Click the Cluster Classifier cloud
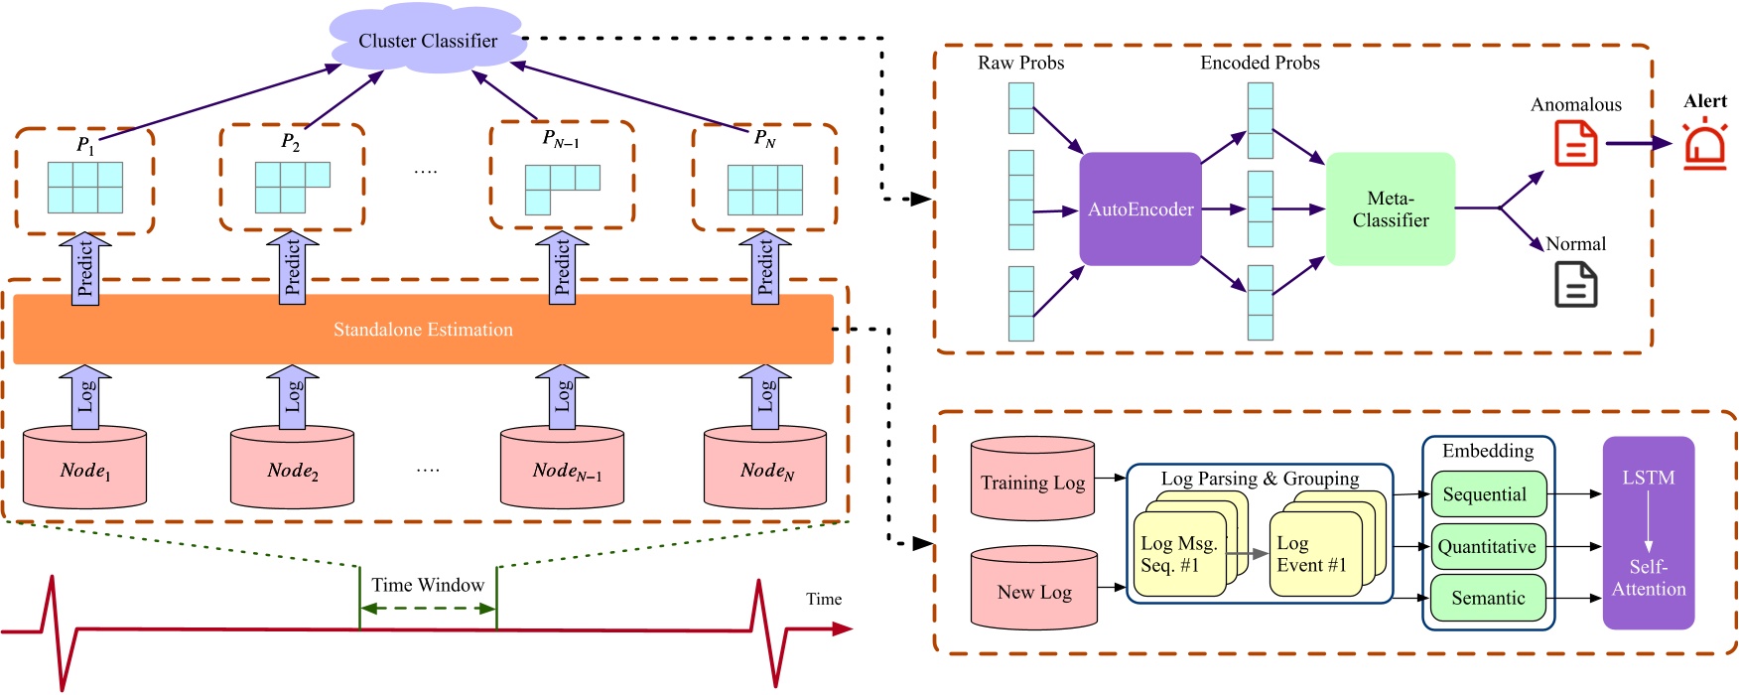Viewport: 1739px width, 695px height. [427, 41]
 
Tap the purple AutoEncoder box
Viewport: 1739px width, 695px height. [1140, 208]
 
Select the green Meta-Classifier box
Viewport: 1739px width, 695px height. [1390, 208]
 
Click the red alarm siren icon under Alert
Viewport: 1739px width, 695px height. [1705, 145]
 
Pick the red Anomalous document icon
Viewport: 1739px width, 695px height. [1575, 143]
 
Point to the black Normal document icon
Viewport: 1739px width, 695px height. [1575, 284]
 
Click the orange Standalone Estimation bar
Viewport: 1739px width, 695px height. [423, 330]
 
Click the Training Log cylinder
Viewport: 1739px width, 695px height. [1032, 481]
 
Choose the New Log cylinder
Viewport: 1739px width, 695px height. [1034, 590]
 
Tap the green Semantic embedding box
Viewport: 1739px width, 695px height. [1488, 598]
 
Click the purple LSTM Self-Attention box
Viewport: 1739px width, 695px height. [1648, 533]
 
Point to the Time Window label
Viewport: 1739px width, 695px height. [428, 585]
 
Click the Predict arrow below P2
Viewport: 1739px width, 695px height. [293, 268]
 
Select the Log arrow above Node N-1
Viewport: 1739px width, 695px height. [562, 397]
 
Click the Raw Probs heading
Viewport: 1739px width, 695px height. [1020, 63]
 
